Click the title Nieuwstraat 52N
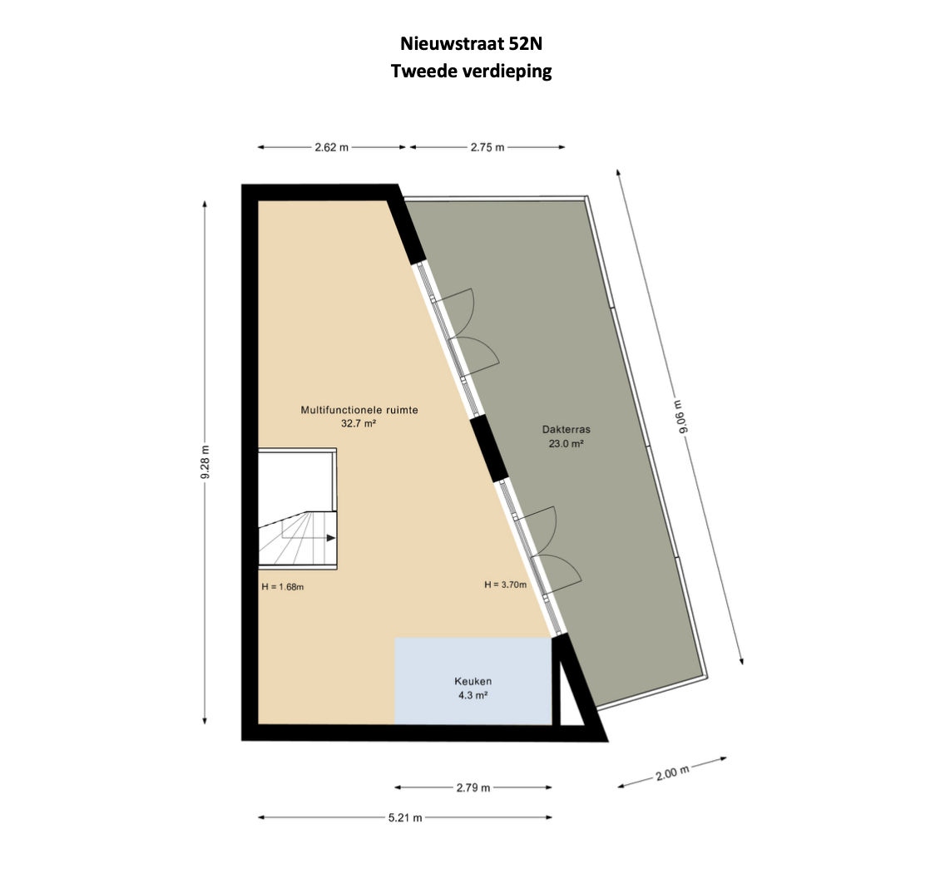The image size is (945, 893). coord(472,43)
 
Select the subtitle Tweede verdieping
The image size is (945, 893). coord(472,72)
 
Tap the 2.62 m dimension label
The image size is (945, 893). coord(331,147)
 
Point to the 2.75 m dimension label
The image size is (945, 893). coord(487,147)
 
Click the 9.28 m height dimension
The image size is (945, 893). coord(205,462)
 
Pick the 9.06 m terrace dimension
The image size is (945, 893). coord(682,417)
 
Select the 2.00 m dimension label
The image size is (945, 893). coord(672,772)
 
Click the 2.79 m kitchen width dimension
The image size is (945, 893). coord(473,787)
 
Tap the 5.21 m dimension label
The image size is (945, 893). coord(405,817)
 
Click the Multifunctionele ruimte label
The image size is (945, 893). coord(359,410)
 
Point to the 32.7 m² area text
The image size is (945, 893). coord(359,423)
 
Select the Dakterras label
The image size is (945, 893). coord(566,430)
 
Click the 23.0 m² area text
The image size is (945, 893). coord(566,443)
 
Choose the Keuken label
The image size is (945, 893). coord(473,682)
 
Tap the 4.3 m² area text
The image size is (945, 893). coord(473,695)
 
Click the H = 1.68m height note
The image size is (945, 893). coord(283,587)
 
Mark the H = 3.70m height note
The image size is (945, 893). coord(506,585)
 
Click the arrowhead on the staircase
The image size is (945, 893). coord(331,537)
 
